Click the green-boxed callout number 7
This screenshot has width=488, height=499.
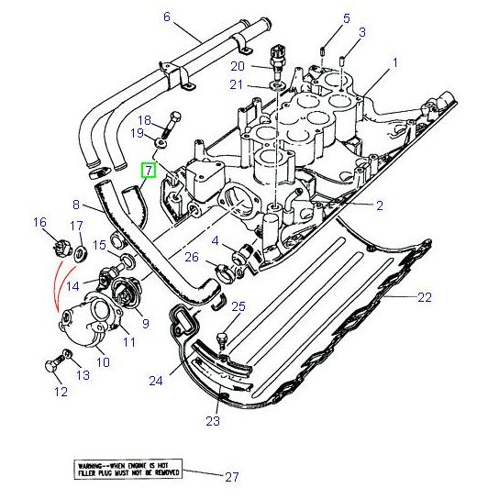pos(148,171)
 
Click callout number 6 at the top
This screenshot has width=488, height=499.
pos(167,17)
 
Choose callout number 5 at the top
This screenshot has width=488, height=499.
pos(346,18)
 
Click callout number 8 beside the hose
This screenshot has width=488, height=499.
pos(77,206)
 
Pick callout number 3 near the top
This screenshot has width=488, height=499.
pos(362,32)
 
